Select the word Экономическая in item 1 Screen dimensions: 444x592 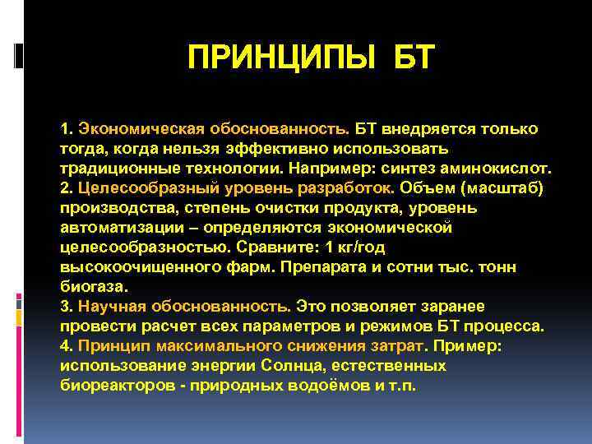tap(132, 130)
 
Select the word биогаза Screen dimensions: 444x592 tap(93, 287)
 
